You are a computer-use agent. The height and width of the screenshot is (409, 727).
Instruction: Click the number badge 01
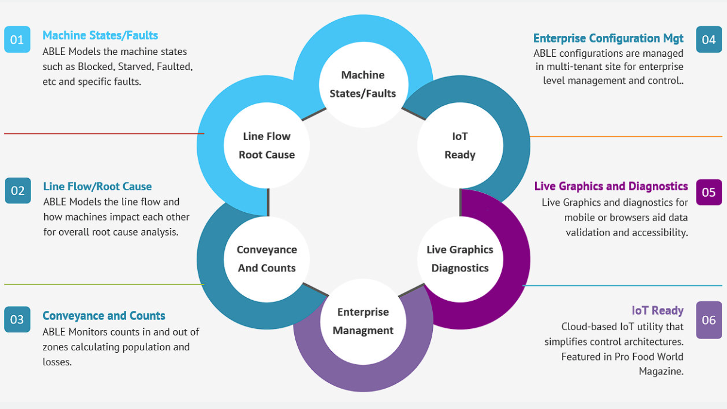(17, 40)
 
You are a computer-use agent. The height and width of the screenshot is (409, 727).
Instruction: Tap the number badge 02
(17, 191)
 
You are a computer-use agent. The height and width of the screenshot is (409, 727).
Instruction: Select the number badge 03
(17, 319)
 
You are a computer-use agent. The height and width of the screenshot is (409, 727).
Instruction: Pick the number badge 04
(709, 39)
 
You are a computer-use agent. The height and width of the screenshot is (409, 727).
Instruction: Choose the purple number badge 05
(709, 192)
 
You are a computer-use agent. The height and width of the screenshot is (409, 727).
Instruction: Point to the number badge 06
(709, 320)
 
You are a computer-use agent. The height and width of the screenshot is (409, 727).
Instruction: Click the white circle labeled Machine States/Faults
(363, 84)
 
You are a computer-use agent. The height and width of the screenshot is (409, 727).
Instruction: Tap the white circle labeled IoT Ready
(460, 145)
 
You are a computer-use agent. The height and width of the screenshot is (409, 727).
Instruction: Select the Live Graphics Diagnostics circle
(460, 258)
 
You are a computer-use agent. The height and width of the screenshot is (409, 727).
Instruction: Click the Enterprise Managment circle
(363, 321)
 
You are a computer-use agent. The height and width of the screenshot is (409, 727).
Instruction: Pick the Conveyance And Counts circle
(267, 258)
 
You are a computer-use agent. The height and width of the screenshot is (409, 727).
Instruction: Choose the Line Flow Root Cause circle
(267, 145)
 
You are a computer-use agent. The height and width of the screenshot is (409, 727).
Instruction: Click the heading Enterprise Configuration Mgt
(608, 38)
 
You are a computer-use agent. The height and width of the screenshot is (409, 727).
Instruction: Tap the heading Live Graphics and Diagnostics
(611, 187)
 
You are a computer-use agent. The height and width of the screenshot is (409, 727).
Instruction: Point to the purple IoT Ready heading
(658, 310)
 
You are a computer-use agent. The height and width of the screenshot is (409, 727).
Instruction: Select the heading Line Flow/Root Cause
(97, 187)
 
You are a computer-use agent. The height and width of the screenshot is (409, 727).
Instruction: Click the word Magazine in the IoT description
(661, 371)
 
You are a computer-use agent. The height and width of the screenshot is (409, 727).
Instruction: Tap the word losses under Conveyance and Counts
(57, 362)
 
